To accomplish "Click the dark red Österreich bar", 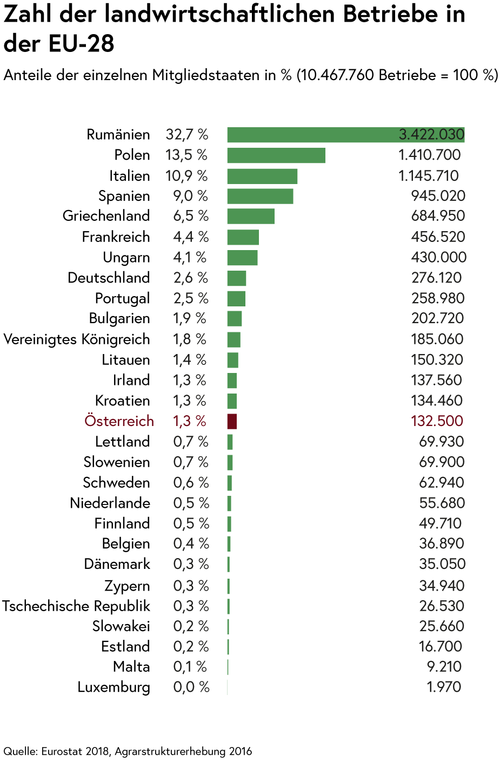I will pos(232,421).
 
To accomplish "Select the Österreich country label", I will pos(119,421).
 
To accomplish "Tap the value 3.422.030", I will pos(431,134).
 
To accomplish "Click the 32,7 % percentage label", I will pos(187,134).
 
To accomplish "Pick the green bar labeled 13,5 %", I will pos(276,155).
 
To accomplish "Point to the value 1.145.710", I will pos(428,176).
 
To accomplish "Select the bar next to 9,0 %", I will pos(260,196).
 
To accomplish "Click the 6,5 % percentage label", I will pos(191,216).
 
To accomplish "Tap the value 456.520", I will pos(438,237).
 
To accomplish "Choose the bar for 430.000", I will pos(242,258).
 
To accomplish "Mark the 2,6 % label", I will pos(191,278).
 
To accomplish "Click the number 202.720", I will pos(438,318).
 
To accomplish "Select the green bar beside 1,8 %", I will pos(234,339).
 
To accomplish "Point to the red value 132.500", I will pos(437,421).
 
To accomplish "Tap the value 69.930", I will pos(441,442).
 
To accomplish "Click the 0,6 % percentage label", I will pos(191,482).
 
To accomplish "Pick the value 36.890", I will pos(441,543).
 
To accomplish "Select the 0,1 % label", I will pos(190,667).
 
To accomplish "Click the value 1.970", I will pos(443,687).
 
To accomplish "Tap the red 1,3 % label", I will pos(190,421).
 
